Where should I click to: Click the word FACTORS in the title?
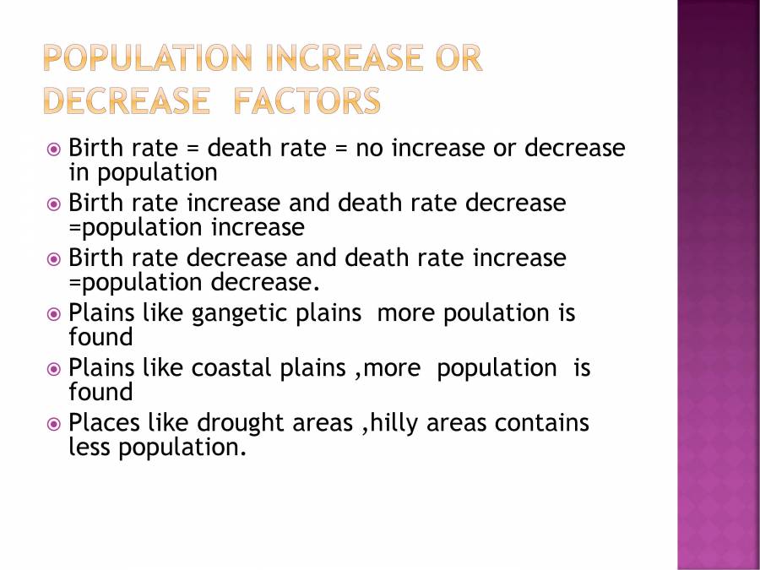(307, 101)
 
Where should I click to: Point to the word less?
(90, 448)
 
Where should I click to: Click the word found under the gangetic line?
(100, 338)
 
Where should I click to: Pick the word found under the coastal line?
(100, 393)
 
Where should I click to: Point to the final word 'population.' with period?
(182, 448)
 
